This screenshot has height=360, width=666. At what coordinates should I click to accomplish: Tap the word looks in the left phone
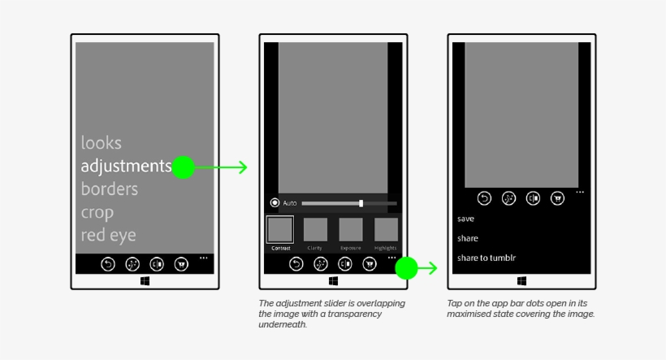(102, 143)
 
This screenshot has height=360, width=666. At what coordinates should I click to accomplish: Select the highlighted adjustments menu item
(126, 166)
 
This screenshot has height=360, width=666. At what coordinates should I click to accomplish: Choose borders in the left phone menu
(110, 189)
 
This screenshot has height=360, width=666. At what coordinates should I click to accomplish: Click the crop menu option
(97, 213)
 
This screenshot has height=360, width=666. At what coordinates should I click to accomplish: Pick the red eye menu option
(108, 236)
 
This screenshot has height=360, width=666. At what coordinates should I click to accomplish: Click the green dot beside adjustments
(184, 167)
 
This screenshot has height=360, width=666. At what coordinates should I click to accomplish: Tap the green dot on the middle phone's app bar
(406, 267)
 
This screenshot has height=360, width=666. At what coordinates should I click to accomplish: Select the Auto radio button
(275, 203)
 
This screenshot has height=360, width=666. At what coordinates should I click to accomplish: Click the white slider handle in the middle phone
(361, 203)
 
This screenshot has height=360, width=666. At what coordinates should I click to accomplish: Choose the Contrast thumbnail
(280, 229)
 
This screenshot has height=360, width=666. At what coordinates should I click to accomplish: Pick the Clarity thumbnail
(315, 229)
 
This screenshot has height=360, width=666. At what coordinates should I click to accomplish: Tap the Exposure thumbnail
(351, 229)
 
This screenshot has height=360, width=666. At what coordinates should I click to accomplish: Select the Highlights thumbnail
(386, 229)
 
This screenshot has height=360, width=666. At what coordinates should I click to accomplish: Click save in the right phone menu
(465, 219)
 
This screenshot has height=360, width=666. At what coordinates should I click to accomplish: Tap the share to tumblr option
(487, 258)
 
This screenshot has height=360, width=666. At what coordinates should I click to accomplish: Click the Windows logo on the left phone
(145, 281)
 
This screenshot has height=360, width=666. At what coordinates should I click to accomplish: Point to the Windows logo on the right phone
(521, 281)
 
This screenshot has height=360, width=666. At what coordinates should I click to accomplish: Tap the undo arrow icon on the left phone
(108, 263)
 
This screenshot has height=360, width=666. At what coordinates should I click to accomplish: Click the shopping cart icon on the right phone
(557, 197)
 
